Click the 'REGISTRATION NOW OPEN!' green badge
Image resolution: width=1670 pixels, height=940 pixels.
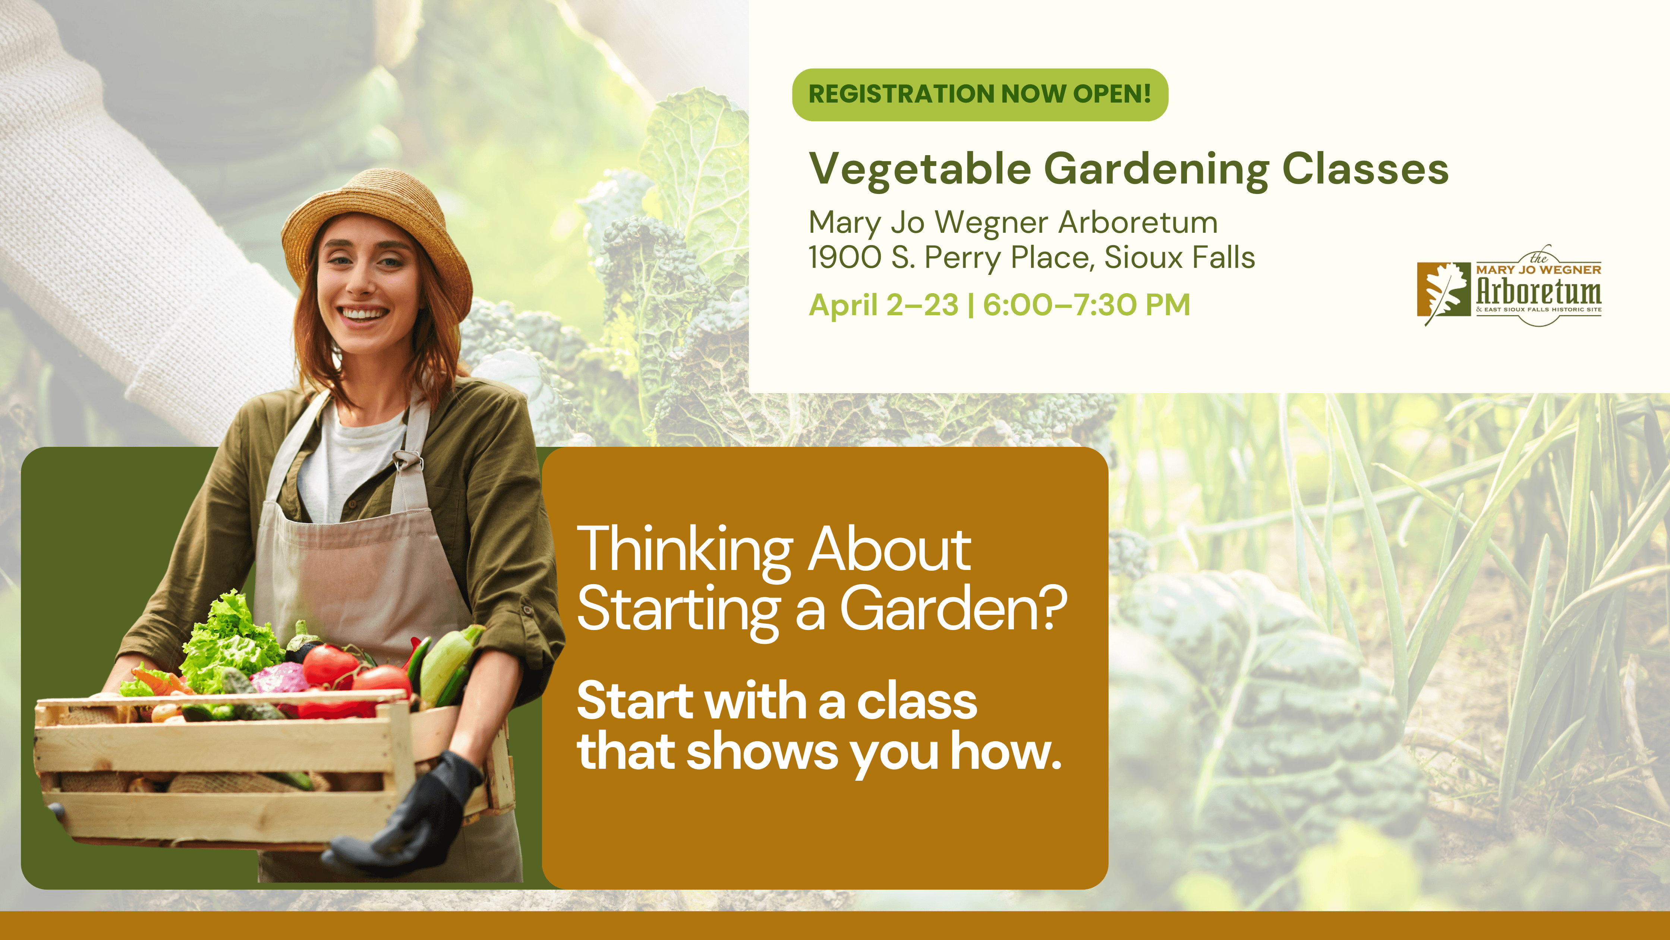click(980, 95)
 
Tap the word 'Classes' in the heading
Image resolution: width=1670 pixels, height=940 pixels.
click(1365, 169)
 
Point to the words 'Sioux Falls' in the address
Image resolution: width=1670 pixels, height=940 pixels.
click(1179, 257)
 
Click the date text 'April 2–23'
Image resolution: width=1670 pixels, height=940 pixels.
click(883, 305)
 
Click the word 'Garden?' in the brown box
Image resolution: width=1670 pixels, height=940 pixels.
click(953, 608)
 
